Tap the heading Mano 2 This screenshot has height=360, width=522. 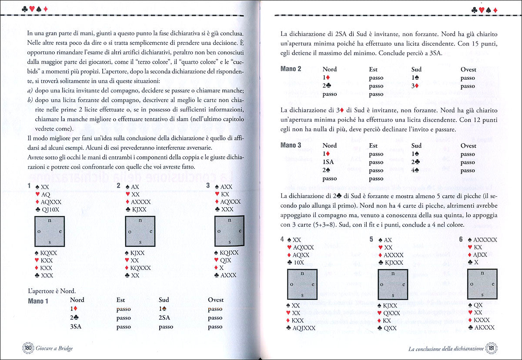(291, 69)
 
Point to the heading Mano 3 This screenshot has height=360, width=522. (291, 145)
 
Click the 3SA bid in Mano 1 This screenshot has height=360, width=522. (76, 326)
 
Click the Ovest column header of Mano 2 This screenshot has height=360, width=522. (468, 69)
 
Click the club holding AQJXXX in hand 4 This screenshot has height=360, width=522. (304, 328)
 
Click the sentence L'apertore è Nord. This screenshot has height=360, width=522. (52, 290)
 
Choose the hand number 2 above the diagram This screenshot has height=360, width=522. (118, 185)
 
